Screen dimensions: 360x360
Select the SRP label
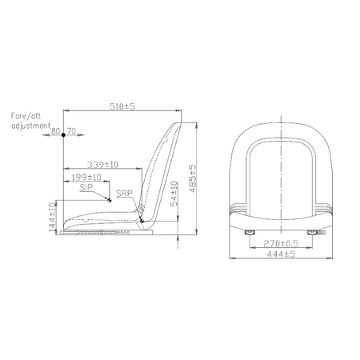point(124,194)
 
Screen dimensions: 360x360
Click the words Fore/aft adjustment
point(30,122)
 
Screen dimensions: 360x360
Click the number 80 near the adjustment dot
point(55,129)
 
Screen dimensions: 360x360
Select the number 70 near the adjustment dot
point(71,129)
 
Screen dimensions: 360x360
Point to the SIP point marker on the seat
point(109,202)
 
